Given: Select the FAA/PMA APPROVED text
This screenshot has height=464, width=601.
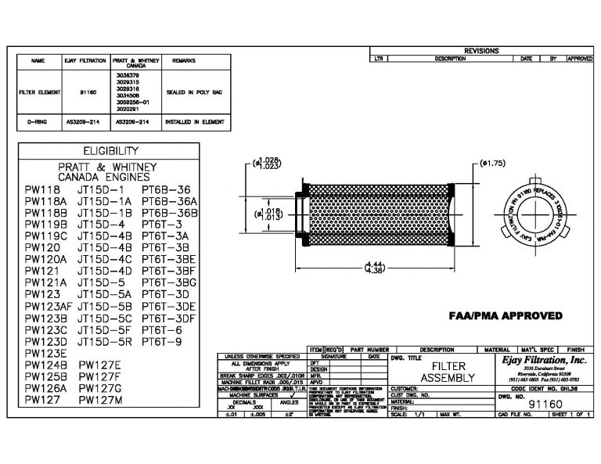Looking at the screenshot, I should pos(505,316).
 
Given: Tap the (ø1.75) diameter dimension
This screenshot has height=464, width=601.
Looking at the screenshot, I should pos(492,164).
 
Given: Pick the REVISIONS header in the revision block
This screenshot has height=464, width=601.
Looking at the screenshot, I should pos(480,51).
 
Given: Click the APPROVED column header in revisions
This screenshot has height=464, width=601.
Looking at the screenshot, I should pos(580,59).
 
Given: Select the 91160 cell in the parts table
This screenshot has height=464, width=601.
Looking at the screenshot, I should pos(88,92).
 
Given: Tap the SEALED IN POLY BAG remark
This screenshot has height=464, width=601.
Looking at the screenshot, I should pos(194,92).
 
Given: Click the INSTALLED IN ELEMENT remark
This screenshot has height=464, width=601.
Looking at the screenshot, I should pos(195,123).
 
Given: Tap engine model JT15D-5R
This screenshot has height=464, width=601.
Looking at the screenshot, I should pos(106,342).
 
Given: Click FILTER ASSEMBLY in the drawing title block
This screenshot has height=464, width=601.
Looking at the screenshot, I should pos(448,372).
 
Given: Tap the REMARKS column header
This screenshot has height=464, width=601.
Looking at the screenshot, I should pos(183,60).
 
